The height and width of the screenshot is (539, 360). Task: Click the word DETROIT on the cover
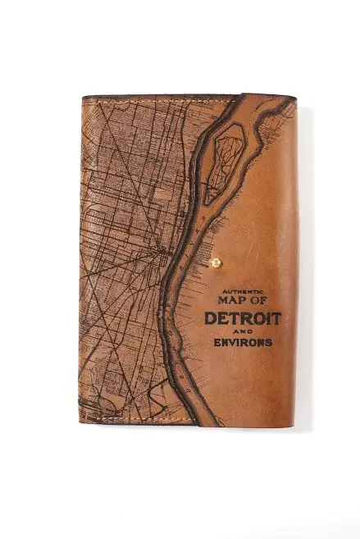pyautogui.click(x=243, y=317)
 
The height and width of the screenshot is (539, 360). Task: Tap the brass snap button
pyautogui.click(x=216, y=263)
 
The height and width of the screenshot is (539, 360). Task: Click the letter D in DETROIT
pyautogui.click(x=211, y=317)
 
